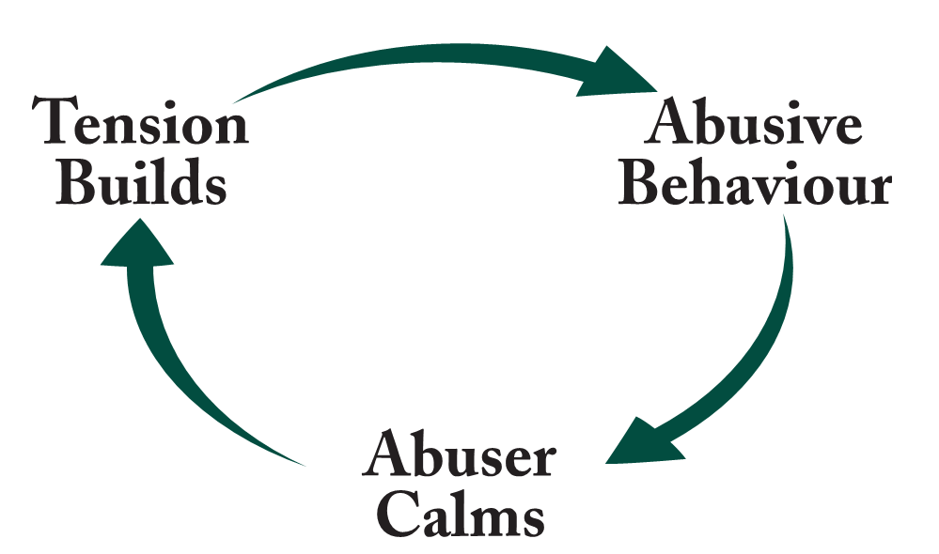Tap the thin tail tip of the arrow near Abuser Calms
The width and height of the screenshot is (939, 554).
[x=303, y=463]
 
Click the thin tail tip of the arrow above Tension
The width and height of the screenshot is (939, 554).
[x=237, y=99]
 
